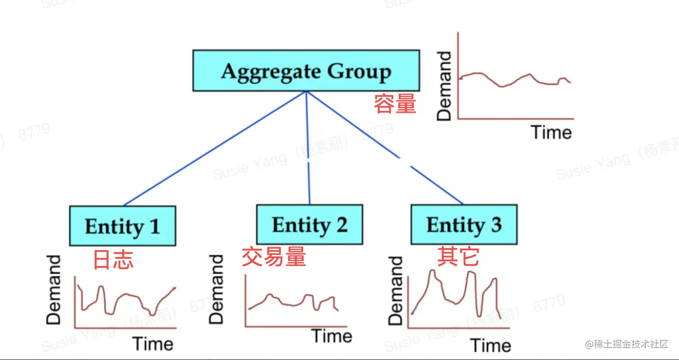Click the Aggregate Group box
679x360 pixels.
306,71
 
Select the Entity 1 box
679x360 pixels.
123,226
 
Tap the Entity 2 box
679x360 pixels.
309,225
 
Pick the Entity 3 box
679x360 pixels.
464,225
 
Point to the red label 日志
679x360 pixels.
113,260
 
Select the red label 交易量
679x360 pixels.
273,257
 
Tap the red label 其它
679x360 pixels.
458,257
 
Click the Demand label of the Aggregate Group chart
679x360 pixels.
445,86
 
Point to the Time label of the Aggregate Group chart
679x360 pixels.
551,132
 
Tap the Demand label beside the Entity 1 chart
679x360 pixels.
54,290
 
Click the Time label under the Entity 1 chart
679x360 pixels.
152,344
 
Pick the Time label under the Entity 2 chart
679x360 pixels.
332,336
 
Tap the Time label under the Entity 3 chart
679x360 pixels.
491,345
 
